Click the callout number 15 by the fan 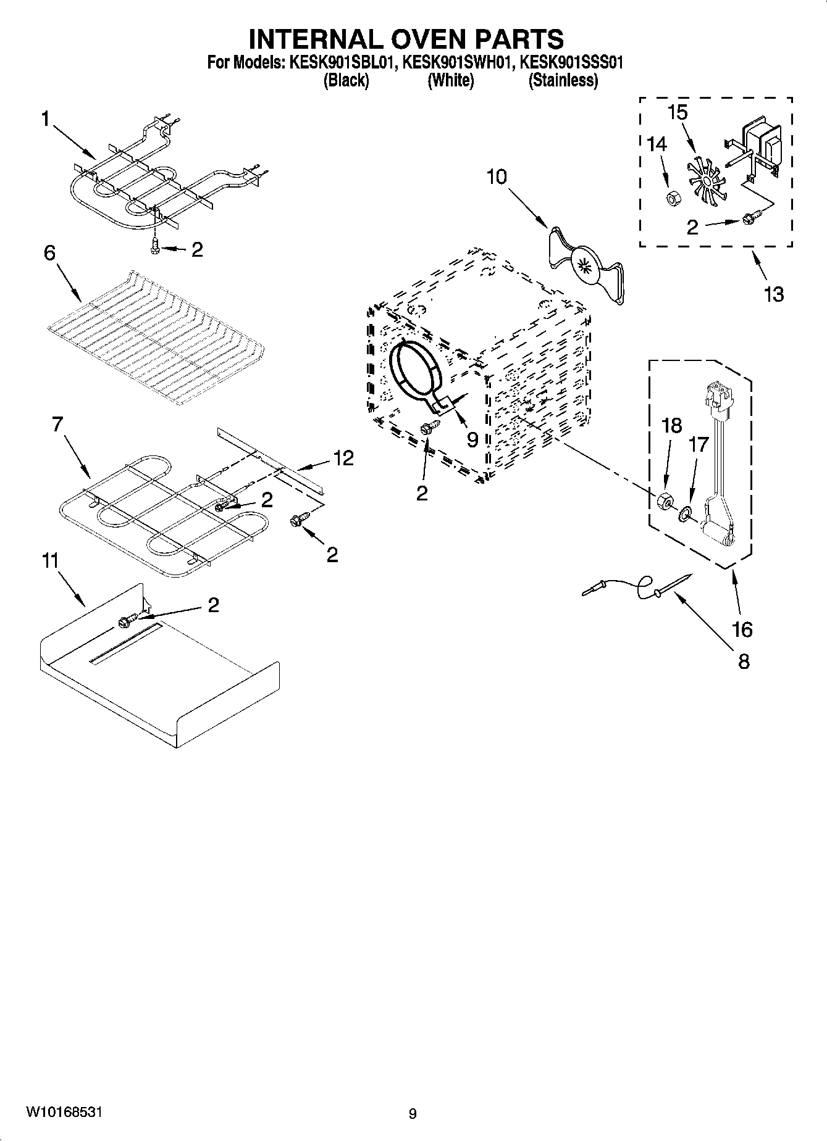pyautogui.click(x=678, y=114)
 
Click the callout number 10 pyautogui.click(x=496, y=177)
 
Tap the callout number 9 pyautogui.click(x=472, y=439)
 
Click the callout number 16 pyautogui.click(x=742, y=629)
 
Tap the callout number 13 pyautogui.click(x=773, y=294)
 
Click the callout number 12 pyautogui.click(x=343, y=458)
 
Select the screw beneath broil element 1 pyautogui.click(x=154, y=246)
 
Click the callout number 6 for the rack pyautogui.click(x=49, y=252)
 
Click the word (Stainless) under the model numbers pyautogui.click(x=563, y=81)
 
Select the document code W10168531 pyautogui.click(x=64, y=1112)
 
